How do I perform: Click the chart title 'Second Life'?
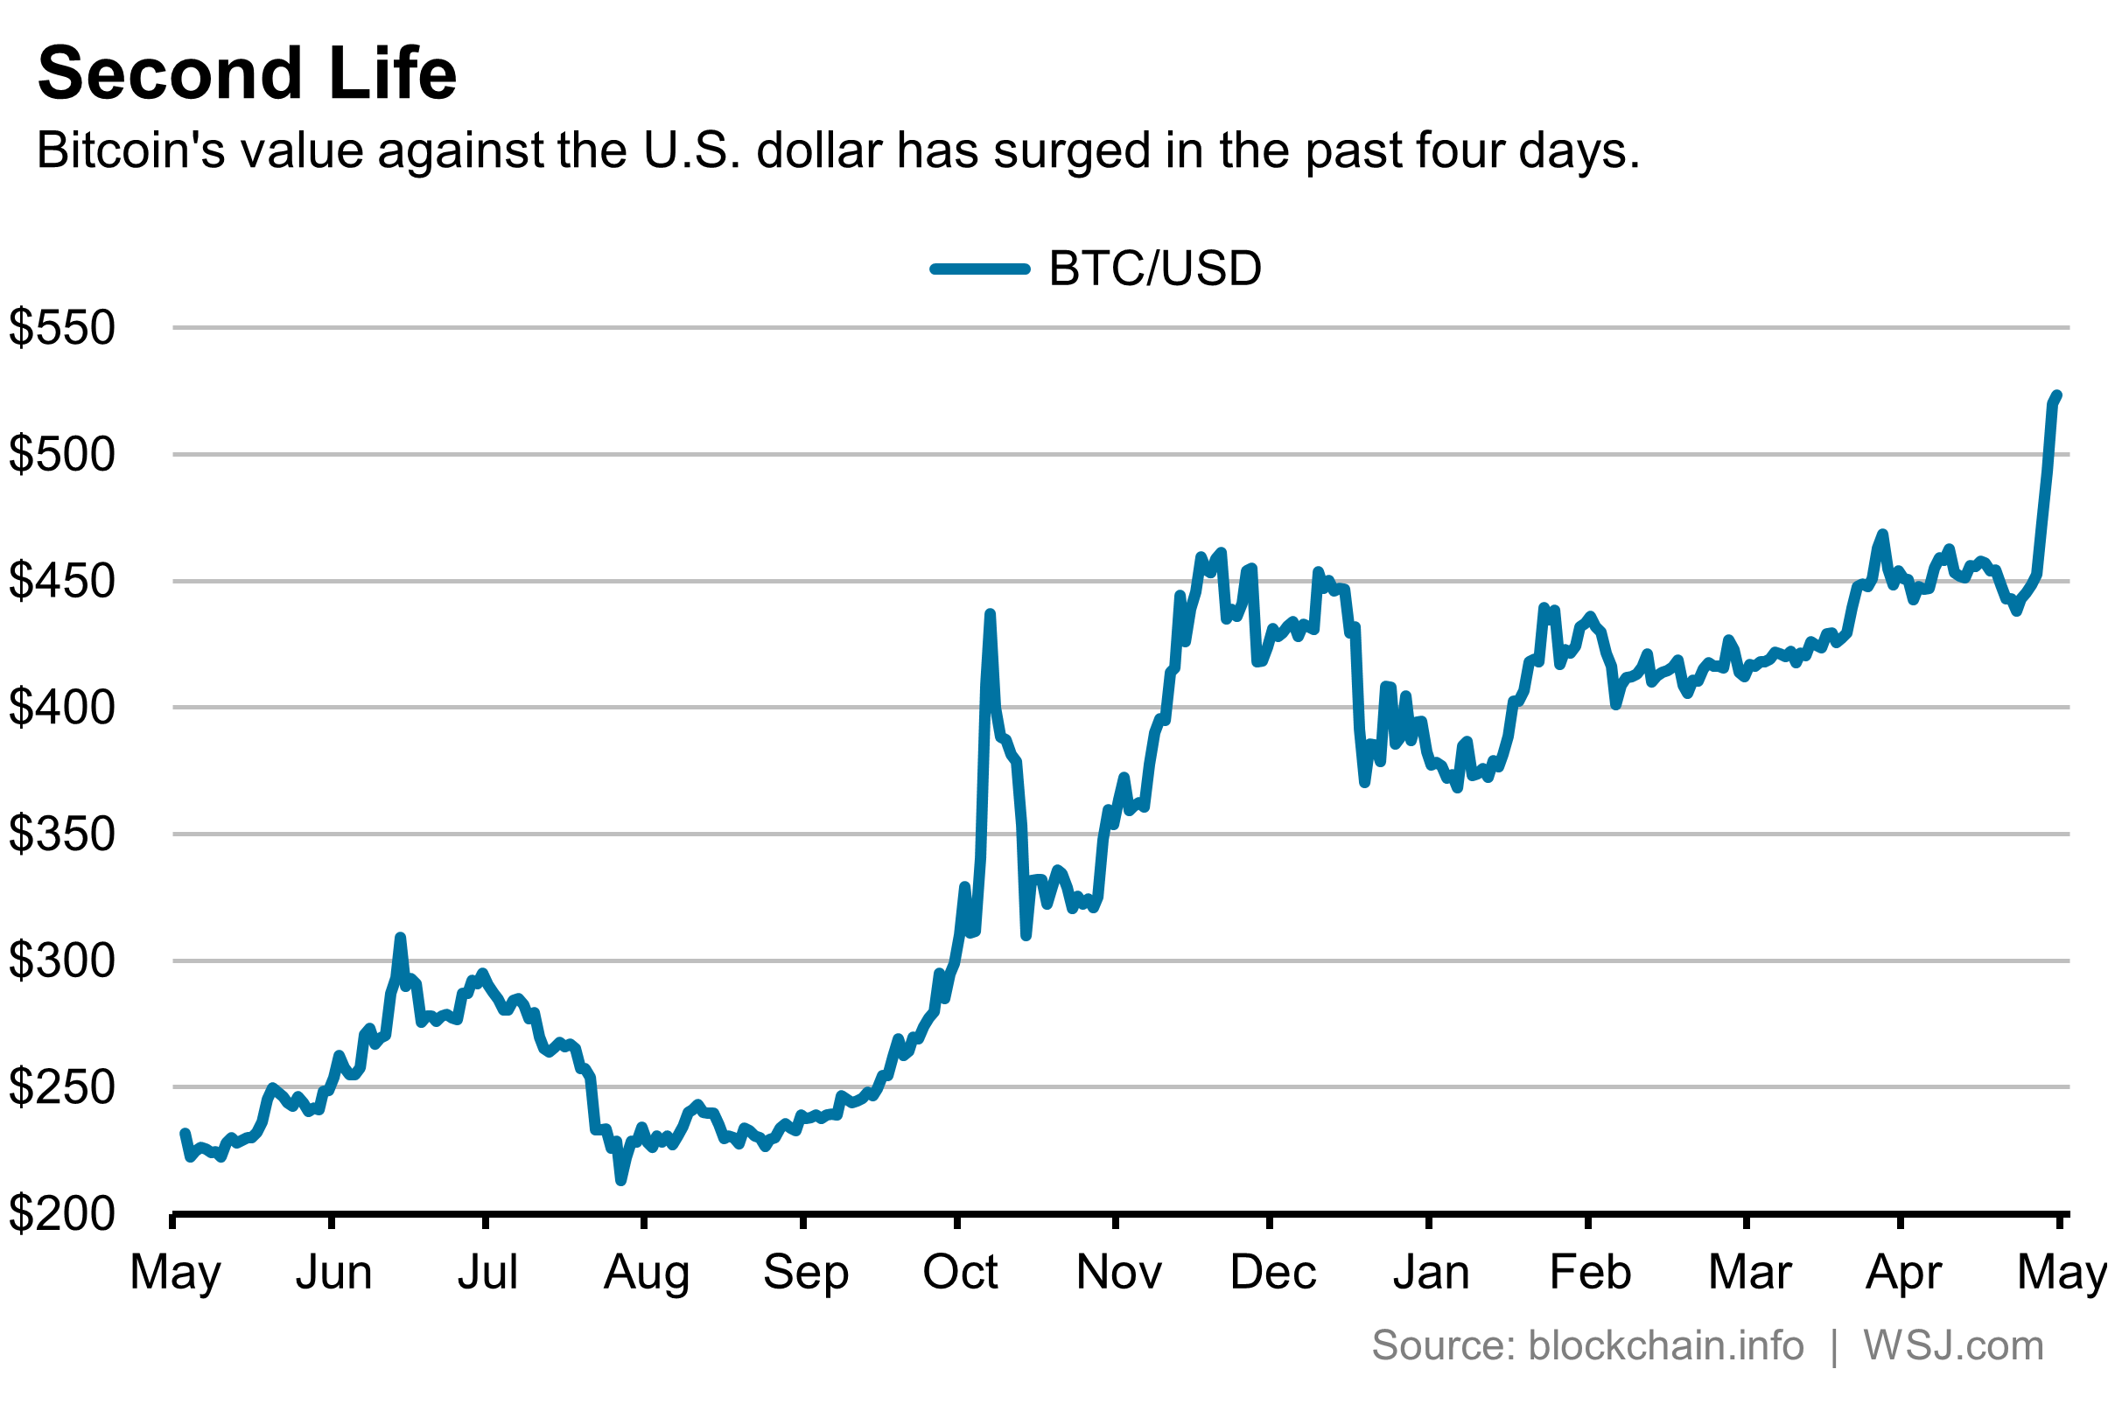point(247,73)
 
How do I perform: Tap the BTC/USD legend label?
point(1154,269)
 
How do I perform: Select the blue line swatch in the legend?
point(980,269)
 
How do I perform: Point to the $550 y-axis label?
point(62,328)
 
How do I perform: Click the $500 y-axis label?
point(62,454)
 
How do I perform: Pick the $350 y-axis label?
point(62,834)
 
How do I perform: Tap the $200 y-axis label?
point(62,1213)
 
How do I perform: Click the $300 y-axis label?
point(62,960)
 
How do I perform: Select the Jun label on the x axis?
point(333,1272)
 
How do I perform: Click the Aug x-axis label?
point(646,1272)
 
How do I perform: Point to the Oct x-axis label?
point(959,1272)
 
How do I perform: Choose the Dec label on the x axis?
point(1272,1272)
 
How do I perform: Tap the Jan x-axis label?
point(1430,1272)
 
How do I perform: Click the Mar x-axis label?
point(1749,1272)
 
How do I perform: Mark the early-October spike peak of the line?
point(990,614)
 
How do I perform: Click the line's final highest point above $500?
point(2057,395)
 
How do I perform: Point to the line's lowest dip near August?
point(620,1181)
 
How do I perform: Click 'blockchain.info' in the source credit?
point(1664,1345)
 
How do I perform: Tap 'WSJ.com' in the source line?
point(1953,1345)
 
